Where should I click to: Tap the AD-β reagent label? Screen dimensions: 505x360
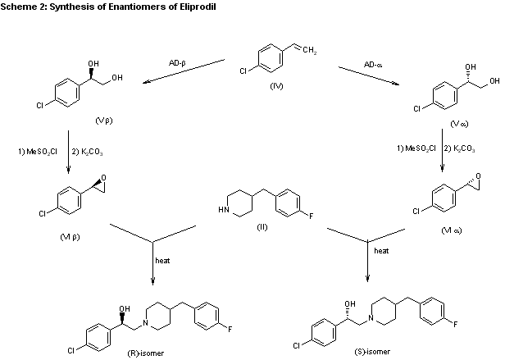[177, 63]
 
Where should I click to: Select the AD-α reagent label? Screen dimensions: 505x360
[373, 65]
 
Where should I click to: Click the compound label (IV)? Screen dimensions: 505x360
[276, 86]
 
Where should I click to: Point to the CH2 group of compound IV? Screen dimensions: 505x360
[310, 51]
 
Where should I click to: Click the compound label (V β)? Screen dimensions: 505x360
[104, 121]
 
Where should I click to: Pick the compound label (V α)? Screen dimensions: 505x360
[459, 124]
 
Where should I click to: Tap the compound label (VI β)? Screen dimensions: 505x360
[70, 237]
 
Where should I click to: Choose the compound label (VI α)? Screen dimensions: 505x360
[452, 230]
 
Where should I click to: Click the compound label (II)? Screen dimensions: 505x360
[262, 227]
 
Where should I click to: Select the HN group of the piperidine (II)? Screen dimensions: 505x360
[224, 210]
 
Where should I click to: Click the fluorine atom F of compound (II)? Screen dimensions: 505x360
[312, 216]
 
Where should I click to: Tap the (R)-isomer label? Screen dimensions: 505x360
[146, 353]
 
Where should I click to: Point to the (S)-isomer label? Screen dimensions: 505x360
[372, 352]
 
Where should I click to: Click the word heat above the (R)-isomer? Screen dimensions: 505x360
[162, 261]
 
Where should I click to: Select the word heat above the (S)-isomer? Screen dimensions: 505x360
[381, 251]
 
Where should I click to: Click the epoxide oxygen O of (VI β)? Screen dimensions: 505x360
[103, 178]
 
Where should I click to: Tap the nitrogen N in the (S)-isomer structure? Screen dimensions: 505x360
[371, 318]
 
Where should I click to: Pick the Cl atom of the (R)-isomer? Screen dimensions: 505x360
[71, 350]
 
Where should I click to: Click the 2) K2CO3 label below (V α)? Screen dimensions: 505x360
[459, 149]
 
